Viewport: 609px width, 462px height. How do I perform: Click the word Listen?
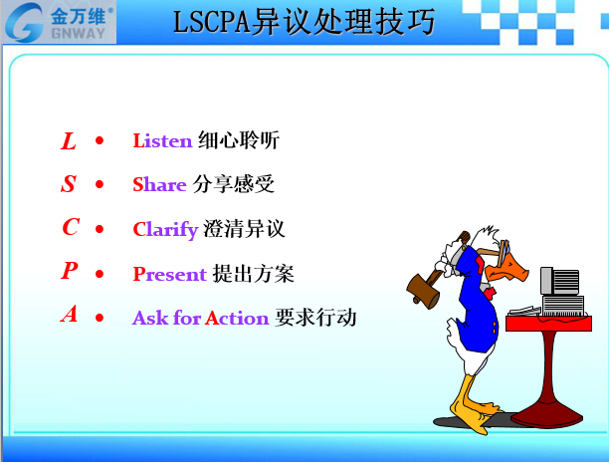[x=162, y=140]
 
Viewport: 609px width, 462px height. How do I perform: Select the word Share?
[x=159, y=184]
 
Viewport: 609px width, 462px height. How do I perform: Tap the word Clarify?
[x=166, y=230]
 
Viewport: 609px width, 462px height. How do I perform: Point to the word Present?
[x=170, y=274]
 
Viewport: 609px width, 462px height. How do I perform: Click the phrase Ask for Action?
[x=200, y=318]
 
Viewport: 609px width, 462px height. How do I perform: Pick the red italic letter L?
[x=69, y=140]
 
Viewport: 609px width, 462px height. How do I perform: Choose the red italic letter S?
[x=69, y=184]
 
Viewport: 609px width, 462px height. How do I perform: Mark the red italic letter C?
[x=71, y=227]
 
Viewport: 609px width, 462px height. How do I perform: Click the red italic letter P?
[x=69, y=270]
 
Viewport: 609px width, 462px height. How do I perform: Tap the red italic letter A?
[x=69, y=314]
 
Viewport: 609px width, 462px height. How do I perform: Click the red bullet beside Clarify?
[x=100, y=229]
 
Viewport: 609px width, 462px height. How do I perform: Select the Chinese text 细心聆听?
[x=239, y=140]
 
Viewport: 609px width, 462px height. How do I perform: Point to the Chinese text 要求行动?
[x=315, y=318]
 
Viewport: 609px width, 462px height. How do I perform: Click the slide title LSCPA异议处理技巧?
[x=304, y=22]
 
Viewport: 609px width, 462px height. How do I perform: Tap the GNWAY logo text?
[x=78, y=34]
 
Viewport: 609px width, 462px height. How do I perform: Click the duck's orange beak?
[x=507, y=269]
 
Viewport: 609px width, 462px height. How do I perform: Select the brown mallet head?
[x=423, y=292]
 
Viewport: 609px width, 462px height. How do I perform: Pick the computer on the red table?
[x=562, y=291]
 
